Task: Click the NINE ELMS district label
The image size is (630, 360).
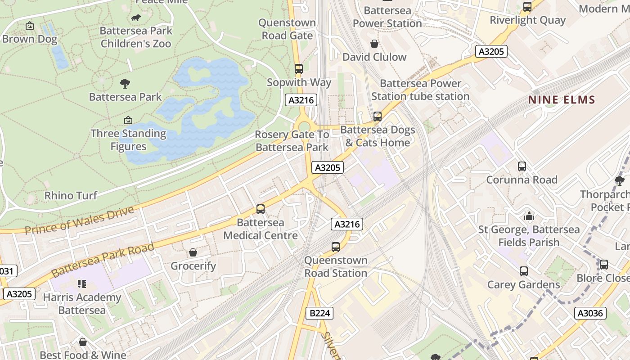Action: tap(562, 100)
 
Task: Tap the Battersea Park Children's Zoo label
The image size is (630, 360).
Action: tap(136, 37)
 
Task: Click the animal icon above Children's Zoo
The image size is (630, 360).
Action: tap(135, 18)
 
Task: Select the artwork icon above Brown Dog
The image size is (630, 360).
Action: tap(30, 26)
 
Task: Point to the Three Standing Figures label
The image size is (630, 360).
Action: tap(128, 140)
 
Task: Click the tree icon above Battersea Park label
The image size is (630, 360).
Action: tap(125, 83)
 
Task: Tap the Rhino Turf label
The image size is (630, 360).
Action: tap(71, 195)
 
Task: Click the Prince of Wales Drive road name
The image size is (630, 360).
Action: tap(80, 220)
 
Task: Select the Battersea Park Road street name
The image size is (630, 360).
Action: tap(103, 260)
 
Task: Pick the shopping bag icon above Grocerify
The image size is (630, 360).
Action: tap(193, 252)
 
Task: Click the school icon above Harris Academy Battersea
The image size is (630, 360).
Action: tap(81, 283)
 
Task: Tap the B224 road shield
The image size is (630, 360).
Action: tap(319, 313)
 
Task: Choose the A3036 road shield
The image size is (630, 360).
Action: tap(590, 313)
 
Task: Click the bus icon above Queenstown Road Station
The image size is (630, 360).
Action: tap(336, 247)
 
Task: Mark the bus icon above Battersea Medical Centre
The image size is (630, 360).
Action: tap(261, 209)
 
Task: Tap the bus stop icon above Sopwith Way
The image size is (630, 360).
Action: tap(299, 69)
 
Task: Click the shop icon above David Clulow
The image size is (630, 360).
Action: tap(374, 44)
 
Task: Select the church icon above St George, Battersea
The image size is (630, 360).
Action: tap(529, 216)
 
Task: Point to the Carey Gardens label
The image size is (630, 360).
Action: tap(524, 285)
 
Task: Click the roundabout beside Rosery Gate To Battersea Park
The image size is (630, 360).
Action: tap(304, 126)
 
